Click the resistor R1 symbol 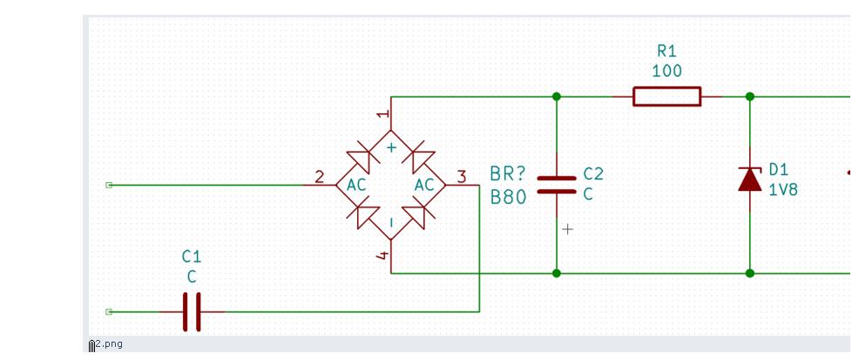(666, 97)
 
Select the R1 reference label (666, 51)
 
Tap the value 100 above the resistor (666, 71)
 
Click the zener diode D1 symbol (750, 180)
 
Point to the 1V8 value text (783, 190)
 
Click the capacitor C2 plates (557, 185)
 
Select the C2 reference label (593, 174)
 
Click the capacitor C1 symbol (192, 312)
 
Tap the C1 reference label (192, 256)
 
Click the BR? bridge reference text (507, 174)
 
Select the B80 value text (508, 197)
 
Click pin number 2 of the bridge (320, 177)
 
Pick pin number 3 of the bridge (461, 177)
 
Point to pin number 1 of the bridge (384, 114)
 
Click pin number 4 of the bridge (383, 255)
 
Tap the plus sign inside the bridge (391, 147)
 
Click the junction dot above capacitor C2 (557, 97)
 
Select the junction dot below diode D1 (750, 273)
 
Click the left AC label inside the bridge (356, 185)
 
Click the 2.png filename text (109, 344)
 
